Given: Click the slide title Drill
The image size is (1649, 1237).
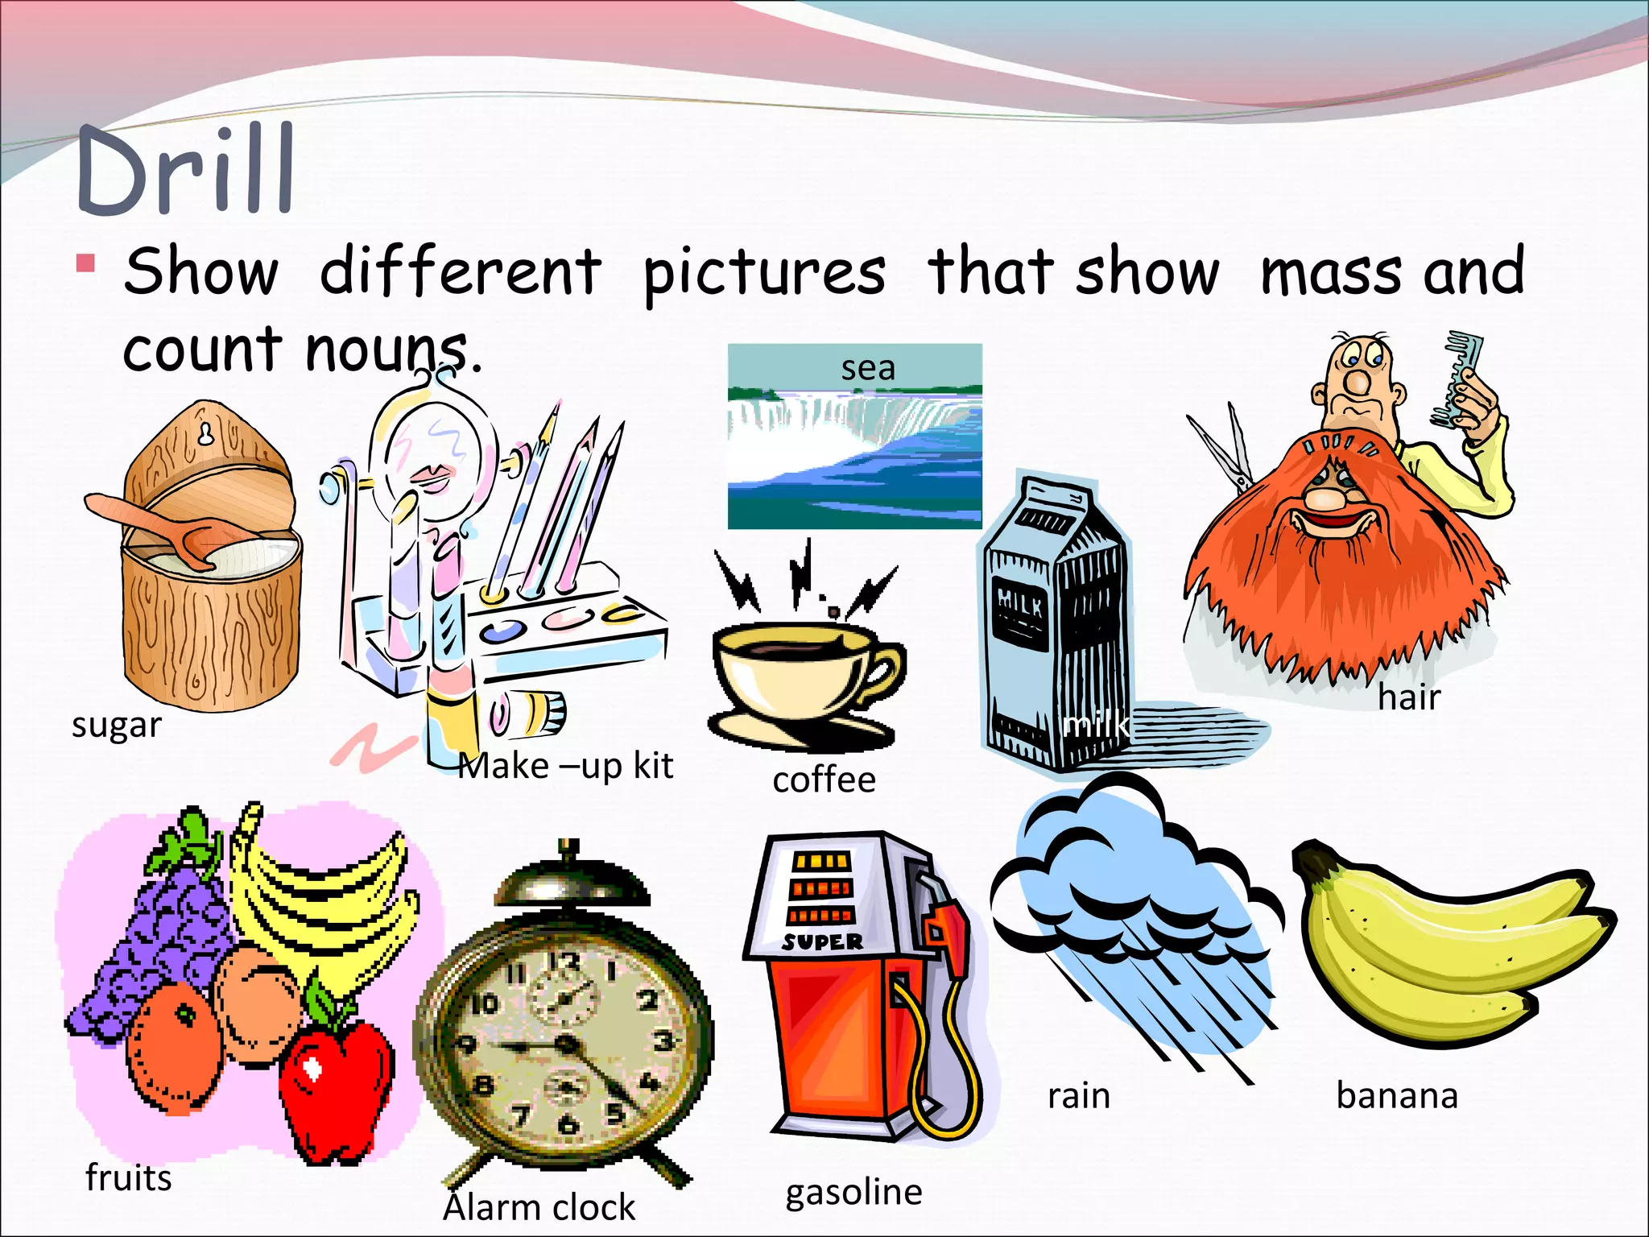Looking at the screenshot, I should (185, 171).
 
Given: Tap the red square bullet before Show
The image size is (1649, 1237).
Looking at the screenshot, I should (86, 264).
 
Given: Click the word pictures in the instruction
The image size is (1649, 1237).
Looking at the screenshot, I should (764, 272).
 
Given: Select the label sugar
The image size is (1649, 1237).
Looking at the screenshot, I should (117, 725).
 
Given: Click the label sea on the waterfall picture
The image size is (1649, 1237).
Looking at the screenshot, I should (868, 368).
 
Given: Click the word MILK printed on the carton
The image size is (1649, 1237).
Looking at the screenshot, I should (1020, 601).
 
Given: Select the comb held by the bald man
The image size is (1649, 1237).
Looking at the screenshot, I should (1457, 379).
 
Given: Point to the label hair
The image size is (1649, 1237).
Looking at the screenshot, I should (1409, 697).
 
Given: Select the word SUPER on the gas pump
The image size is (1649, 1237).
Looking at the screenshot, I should (821, 941).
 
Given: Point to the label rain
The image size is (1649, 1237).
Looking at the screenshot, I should (1078, 1096).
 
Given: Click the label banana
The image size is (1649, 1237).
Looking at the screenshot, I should (1397, 1096).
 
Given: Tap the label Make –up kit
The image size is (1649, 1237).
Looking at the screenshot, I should (566, 766).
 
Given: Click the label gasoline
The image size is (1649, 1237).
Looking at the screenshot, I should (853, 1192).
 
